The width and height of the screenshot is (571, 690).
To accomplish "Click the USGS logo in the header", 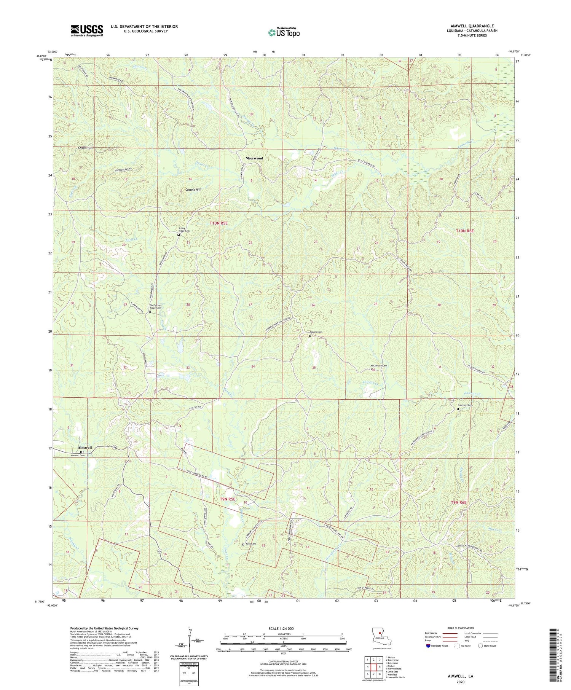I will [87, 30].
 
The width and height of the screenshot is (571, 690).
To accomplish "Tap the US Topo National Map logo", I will [284, 32].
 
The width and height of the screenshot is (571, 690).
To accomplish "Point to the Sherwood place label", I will [254, 158].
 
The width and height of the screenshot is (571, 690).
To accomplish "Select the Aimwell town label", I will [85, 448].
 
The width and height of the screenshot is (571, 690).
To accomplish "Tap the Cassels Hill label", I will [193, 190].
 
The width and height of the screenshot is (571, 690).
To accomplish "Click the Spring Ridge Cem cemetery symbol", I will [179, 235].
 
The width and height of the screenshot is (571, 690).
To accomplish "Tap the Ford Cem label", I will [251, 544].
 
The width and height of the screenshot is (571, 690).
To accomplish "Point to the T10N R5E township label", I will [219, 223].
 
